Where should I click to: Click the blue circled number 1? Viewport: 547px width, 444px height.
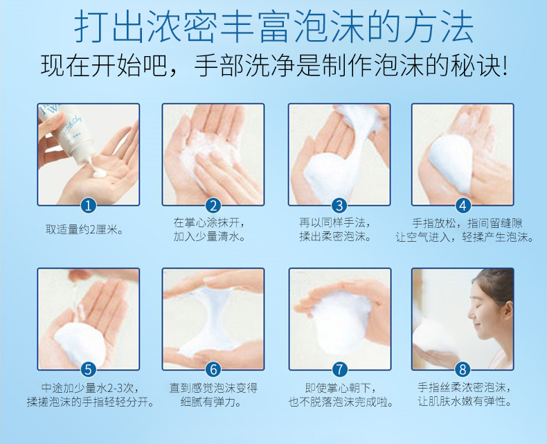[x=88, y=206]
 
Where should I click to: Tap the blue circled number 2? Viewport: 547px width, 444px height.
[x=213, y=206]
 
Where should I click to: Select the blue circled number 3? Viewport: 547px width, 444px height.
[x=339, y=206]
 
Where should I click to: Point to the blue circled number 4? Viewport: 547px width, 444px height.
[x=463, y=206]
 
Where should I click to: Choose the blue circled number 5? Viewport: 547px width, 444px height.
[x=88, y=370]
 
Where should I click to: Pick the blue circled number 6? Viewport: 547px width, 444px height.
[x=213, y=370]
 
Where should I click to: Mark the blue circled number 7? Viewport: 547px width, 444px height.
[x=340, y=370]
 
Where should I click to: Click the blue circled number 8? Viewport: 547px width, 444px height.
[x=463, y=370]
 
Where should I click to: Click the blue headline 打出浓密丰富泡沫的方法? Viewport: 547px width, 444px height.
[x=274, y=26]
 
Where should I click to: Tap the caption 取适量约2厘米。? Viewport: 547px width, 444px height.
[x=84, y=230]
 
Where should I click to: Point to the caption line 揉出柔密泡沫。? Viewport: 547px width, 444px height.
[x=335, y=237]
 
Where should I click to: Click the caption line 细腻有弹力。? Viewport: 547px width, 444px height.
[x=211, y=402]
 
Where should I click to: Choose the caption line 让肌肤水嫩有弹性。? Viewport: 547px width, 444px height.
[x=465, y=401]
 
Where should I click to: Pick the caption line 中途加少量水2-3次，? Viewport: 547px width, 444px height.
[x=90, y=387]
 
